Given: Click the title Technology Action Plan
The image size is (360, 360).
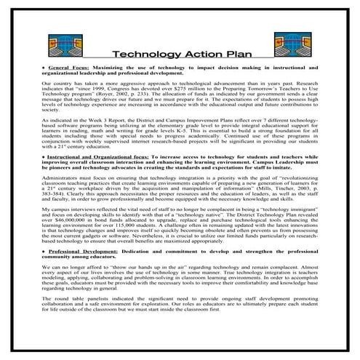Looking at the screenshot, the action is coord(180,53).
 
